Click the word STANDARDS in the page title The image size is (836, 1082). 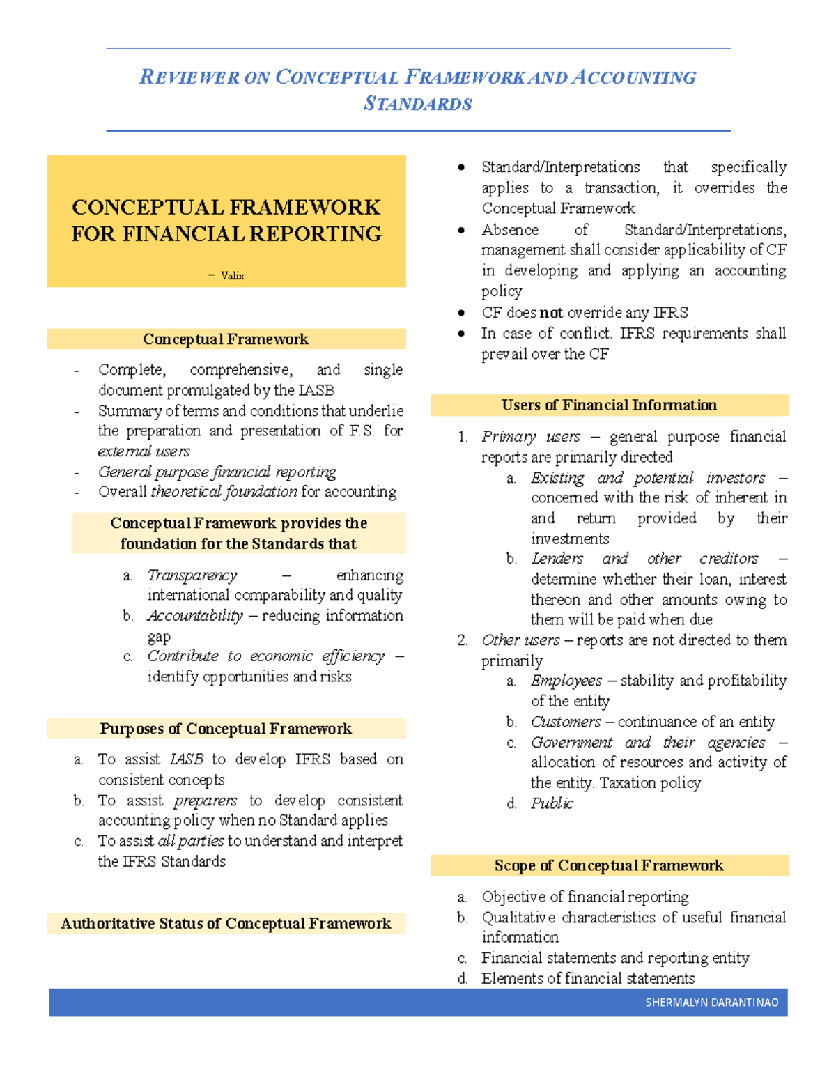point(418,104)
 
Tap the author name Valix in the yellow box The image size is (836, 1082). point(232,276)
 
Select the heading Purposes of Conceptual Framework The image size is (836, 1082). point(226,729)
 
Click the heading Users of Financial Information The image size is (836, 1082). point(609,405)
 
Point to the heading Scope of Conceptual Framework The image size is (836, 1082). point(609,865)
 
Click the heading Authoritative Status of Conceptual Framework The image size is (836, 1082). point(226,924)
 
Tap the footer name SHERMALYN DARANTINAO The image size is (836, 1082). point(711,1003)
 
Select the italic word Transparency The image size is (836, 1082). point(192,575)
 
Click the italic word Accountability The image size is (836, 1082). point(195,616)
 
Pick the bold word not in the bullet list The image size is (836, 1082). point(551,313)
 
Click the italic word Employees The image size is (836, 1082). point(566,681)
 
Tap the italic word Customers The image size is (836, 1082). point(566,722)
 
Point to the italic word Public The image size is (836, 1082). point(552,803)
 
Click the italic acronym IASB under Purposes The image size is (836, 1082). point(187,759)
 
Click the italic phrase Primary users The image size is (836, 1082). point(531,437)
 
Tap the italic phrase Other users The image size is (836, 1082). point(520,640)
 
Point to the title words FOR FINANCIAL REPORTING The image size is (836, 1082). point(226,234)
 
